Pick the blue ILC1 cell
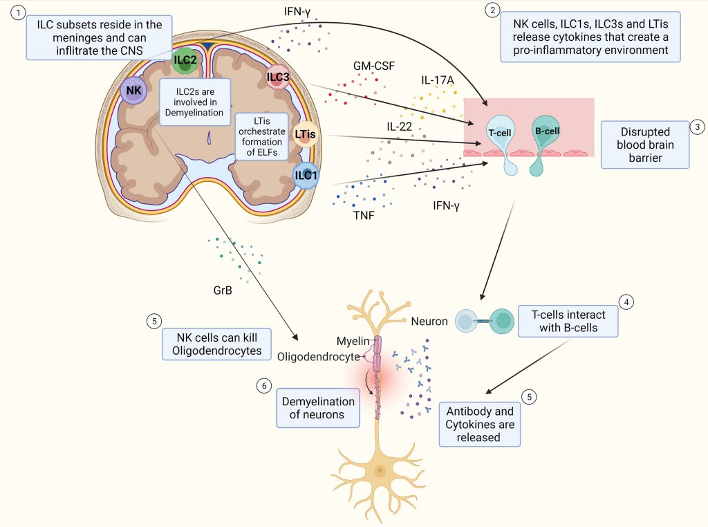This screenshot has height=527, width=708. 306,174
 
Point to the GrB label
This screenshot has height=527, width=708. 222,290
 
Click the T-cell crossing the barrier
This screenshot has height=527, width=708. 499,133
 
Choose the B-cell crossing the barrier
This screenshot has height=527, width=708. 547,131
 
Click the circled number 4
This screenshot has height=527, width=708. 626,302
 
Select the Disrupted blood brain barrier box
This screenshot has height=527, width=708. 645,145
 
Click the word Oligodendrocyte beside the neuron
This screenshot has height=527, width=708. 319,356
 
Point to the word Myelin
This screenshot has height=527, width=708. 353,341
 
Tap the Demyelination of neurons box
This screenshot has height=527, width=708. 318,408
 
